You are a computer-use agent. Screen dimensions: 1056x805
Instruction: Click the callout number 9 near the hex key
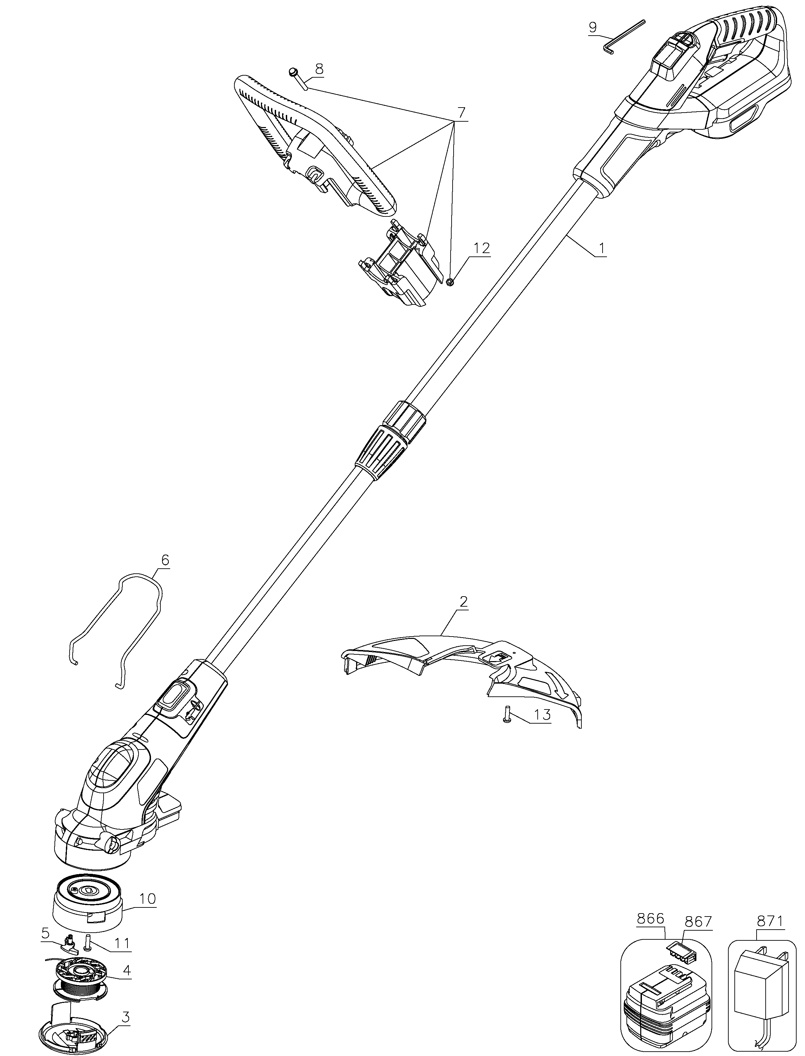[593, 27]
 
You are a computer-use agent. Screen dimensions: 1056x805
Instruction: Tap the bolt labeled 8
[297, 78]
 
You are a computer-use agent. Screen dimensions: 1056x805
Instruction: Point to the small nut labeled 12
[450, 282]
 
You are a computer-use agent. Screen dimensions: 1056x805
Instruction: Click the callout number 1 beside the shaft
[602, 249]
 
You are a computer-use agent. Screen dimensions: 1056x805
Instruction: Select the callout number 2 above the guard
[463, 602]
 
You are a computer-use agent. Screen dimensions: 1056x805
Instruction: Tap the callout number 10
[148, 898]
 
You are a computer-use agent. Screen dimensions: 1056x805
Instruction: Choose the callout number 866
[650, 919]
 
